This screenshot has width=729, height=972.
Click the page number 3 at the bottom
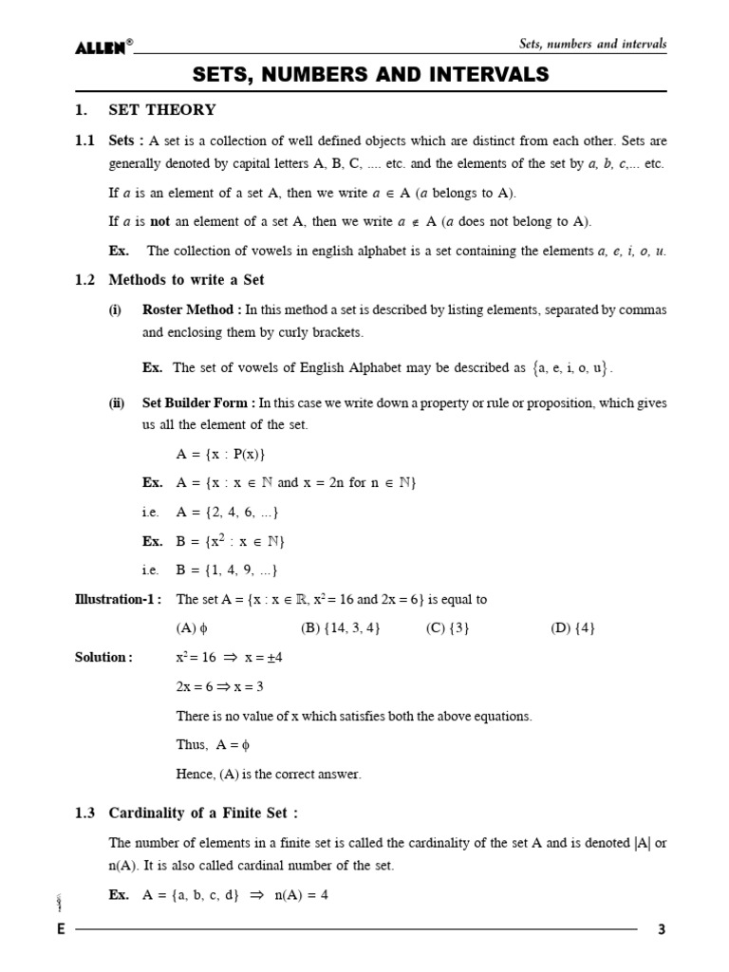pos(662,930)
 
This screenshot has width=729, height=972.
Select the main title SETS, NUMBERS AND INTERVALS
pos(372,74)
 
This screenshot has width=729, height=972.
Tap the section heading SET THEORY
pos(162,110)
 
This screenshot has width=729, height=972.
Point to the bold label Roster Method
pos(191,309)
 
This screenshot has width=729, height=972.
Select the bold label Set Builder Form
pos(196,402)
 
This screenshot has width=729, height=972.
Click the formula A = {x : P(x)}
pos(220,454)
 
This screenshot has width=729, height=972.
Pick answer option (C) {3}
pos(448,628)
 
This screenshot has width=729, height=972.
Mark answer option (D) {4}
pos(573,628)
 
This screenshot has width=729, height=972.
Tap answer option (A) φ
pos(192,628)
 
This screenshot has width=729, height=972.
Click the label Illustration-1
pos(118,600)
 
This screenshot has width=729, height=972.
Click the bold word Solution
pos(103,658)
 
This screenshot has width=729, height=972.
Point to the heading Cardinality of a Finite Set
pos(203,813)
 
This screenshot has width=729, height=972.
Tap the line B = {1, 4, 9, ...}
pos(227,570)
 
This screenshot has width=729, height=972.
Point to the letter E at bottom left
pos(61,930)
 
